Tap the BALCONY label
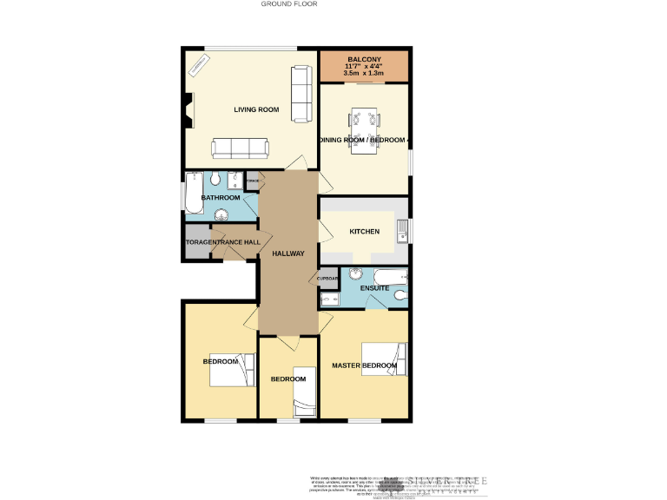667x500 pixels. click(x=364, y=58)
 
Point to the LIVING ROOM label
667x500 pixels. click(x=256, y=109)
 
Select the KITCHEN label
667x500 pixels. click(x=364, y=232)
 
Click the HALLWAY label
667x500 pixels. click(x=288, y=253)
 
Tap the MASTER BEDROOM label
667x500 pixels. click(x=365, y=365)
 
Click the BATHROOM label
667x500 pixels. click(x=221, y=198)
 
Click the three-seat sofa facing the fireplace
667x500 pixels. click(x=241, y=148)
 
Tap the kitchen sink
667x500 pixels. click(x=401, y=232)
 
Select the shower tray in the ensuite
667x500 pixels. click(x=329, y=300)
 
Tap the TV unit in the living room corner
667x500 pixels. click(x=200, y=65)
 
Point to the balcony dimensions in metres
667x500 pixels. click(x=364, y=74)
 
